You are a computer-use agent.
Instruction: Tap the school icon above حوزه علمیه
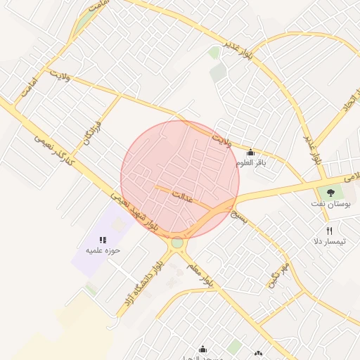103,239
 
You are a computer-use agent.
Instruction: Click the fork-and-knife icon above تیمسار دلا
329,230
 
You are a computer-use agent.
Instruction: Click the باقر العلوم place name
251,163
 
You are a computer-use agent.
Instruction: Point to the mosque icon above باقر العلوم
250,153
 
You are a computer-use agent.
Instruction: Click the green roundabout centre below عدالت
176,243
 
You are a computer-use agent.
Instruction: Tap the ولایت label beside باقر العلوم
222,138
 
